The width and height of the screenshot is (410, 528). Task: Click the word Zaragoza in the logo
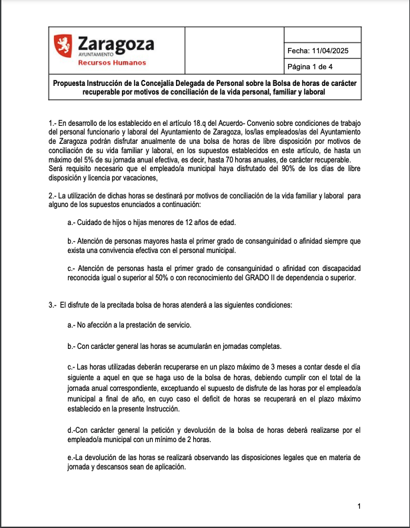point(115,45)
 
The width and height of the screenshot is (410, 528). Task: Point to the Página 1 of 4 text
point(314,67)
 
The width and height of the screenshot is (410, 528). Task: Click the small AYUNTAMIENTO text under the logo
point(96,55)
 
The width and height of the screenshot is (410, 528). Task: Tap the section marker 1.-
point(53,125)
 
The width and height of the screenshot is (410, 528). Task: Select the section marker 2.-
point(53,196)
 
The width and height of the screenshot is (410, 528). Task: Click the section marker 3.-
point(53,305)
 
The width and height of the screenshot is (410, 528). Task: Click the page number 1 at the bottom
point(359,507)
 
